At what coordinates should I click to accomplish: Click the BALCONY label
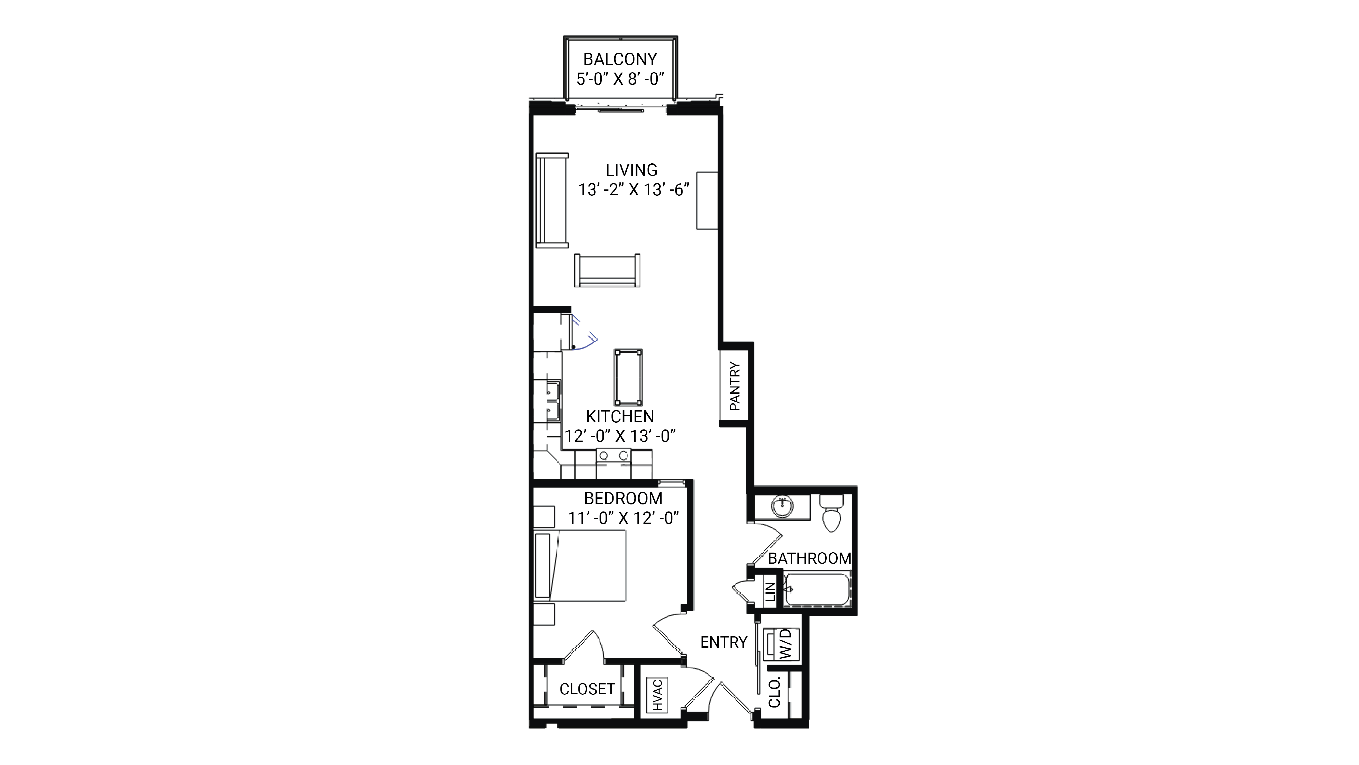[x=620, y=59]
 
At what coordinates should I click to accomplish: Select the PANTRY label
[x=734, y=386]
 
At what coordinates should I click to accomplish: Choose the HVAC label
[x=657, y=695]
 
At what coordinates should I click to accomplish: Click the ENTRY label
[x=723, y=642]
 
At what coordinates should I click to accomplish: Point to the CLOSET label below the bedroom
[x=587, y=689]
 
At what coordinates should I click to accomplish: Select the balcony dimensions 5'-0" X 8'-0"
[x=620, y=79]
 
